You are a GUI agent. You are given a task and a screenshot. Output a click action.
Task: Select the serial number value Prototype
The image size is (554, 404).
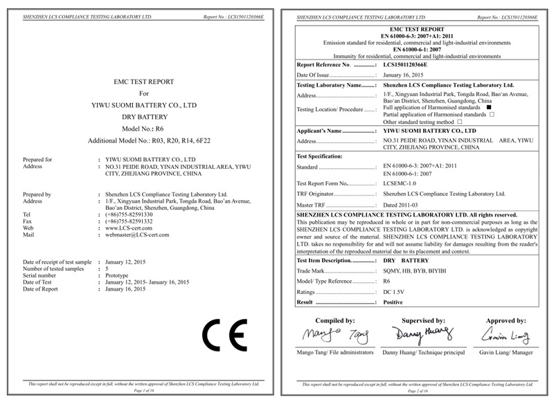point(117,275)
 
